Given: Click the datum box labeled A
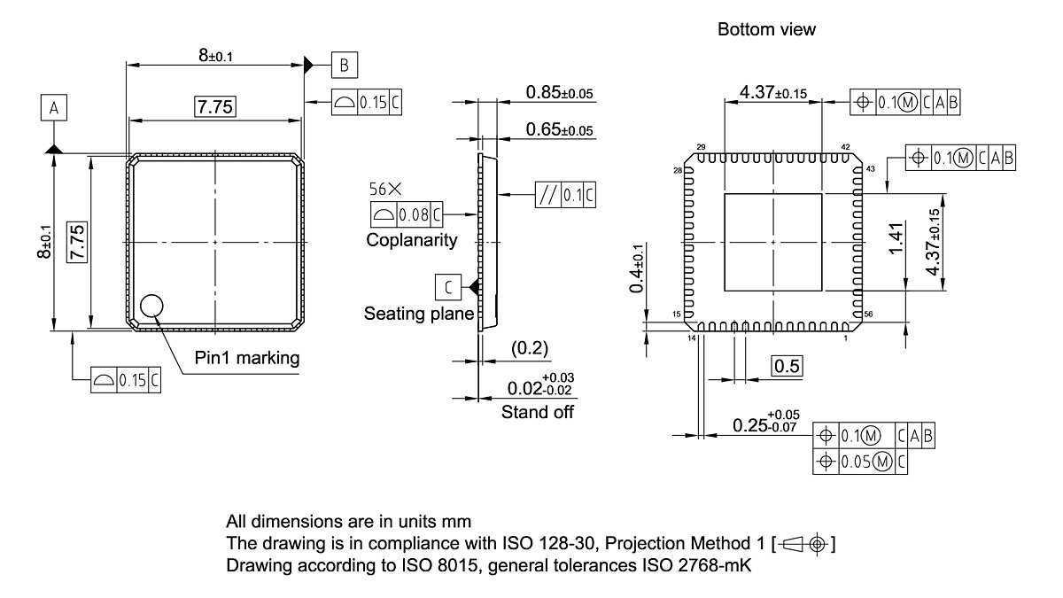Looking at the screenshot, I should pos(54,108).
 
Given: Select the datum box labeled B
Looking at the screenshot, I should pos(345,65).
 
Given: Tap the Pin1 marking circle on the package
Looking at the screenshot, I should pos(151,306).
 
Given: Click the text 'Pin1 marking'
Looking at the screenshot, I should pos(247,359).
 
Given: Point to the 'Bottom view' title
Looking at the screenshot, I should pos(766,29).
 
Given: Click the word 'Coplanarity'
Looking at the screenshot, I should pos(412,240).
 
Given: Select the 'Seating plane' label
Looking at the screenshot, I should pos(418,314).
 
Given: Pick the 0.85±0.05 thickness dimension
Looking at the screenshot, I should pos(559,92).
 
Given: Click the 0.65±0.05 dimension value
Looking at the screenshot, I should pos(559,130).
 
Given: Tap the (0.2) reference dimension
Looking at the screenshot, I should pos(530,349).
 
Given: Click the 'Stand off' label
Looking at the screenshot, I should pos(538,412).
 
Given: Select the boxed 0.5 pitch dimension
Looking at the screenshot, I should pos(788,366).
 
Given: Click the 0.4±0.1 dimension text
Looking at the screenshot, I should pos(634,276).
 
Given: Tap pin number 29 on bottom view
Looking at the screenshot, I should pos(701,147).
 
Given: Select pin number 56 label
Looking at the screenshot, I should pos(867,315).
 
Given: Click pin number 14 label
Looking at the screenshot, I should pos(691,338).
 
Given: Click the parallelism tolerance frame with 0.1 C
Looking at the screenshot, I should pos(565,195).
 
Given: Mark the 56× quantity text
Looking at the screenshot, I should pos(385,189).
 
